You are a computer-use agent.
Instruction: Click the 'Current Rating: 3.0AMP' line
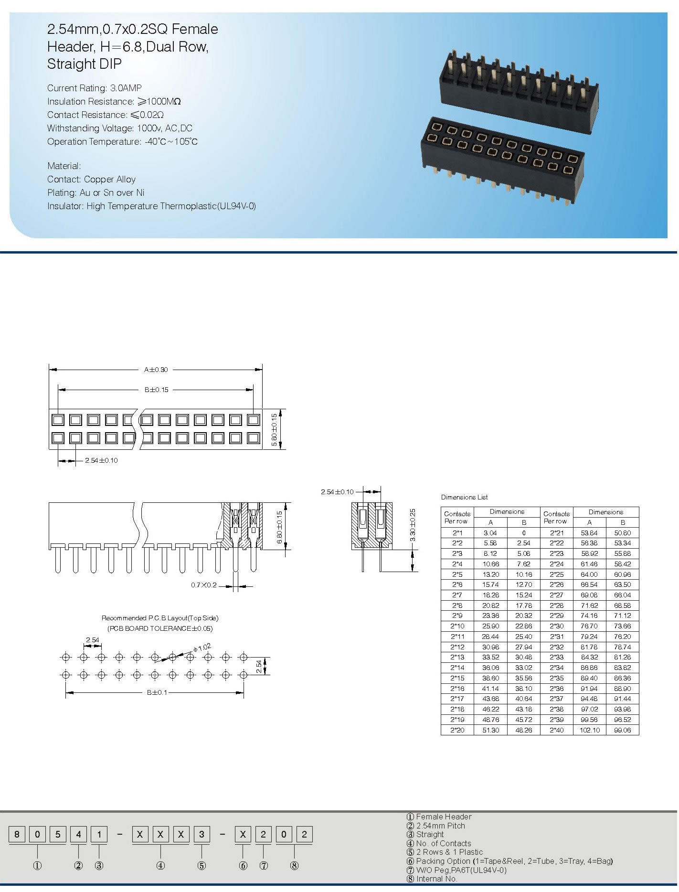pos(95,88)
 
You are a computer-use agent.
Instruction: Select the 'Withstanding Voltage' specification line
pos(119,128)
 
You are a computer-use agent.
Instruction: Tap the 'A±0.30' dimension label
pos(156,370)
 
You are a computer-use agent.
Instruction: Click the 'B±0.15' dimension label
pos(157,390)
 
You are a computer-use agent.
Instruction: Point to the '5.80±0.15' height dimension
pos(274,430)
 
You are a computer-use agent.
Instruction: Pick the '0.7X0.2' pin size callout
pos(204,585)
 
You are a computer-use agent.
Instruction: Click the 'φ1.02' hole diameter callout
pos(202,648)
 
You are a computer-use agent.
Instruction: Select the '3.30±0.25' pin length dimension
pos(413,525)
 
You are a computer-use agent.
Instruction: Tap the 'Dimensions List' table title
pos(464,497)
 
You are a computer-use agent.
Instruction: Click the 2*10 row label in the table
pos(457,626)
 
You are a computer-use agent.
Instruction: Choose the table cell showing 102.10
pos(589,730)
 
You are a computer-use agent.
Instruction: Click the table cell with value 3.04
pos(490,533)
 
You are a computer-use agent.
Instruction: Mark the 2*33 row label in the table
pos(557,657)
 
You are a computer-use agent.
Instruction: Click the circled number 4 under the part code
pos(161,866)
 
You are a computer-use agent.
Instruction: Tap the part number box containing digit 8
pos(17,834)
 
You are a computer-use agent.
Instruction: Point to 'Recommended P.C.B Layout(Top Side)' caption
pos(160,618)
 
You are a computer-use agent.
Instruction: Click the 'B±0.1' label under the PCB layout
pos(157,692)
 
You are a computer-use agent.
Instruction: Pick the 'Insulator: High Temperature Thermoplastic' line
pos(151,206)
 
